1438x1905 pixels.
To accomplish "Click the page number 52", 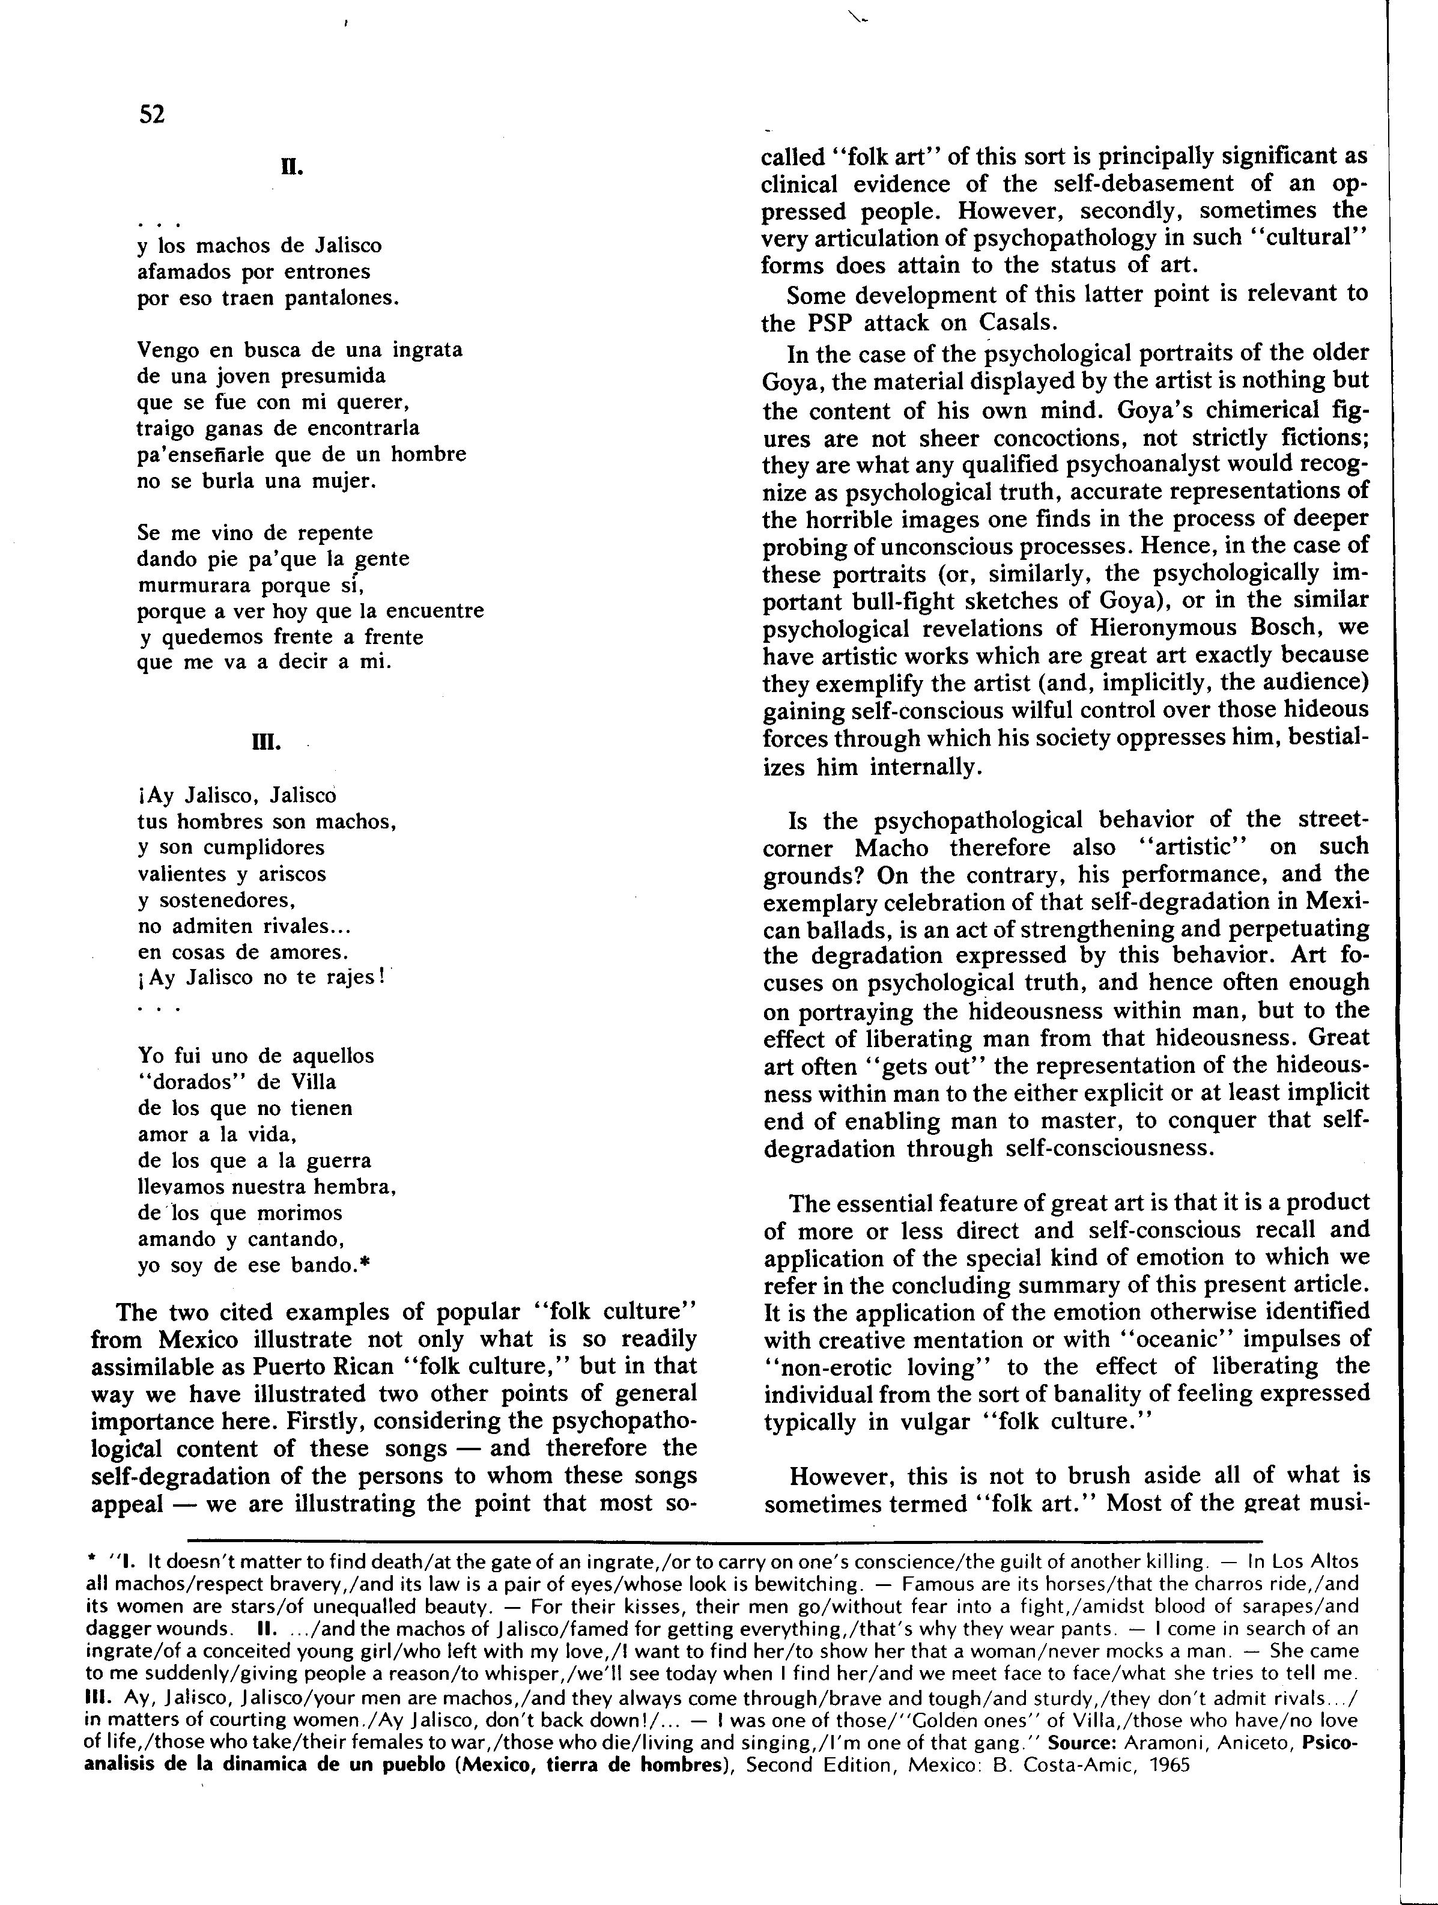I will point(151,115).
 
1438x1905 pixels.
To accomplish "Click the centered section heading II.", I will point(292,166).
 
